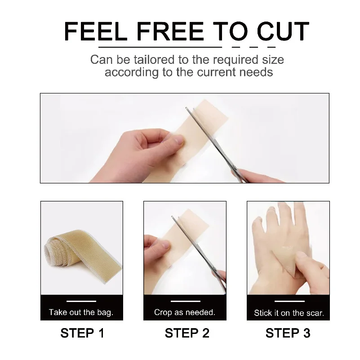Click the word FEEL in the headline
tap(92, 31)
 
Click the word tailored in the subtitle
tap(141, 60)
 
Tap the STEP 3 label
tap(288, 333)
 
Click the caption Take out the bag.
tap(81, 312)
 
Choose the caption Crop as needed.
tap(185, 312)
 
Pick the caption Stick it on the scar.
tap(289, 313)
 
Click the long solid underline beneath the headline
tap(160, 46)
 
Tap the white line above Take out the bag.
tap(81, 301)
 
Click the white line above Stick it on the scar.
tap(289, 301)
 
